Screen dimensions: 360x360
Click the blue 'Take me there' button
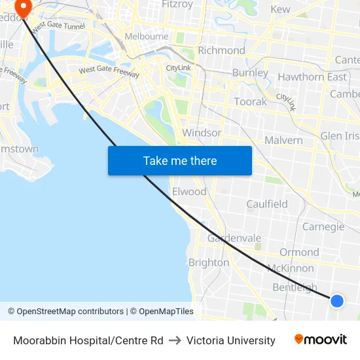click(180, 160)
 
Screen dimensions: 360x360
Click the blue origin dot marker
click(337, 300)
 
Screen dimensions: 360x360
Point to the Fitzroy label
click(177, 4)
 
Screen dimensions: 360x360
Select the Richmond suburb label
click(221, 50)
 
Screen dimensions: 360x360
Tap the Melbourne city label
click(146, 37)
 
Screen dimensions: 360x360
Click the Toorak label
click(251, 101)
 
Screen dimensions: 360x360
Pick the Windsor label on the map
click(202, 133)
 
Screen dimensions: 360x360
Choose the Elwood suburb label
click(189, 192)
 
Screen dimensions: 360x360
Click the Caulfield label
click(267, 204)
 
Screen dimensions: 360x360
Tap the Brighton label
click(209, 262)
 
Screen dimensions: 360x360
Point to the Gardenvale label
click(234, 238)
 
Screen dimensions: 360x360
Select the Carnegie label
click(323, 226)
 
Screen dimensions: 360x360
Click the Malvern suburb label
click(283, 140)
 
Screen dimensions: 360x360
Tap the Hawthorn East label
click(312, 77)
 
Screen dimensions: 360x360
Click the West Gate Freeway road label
click(109, 71)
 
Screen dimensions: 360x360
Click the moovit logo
click(321, 340)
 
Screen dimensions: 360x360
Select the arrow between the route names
click(175, 340)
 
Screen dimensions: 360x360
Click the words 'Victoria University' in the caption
click(230, 340)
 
